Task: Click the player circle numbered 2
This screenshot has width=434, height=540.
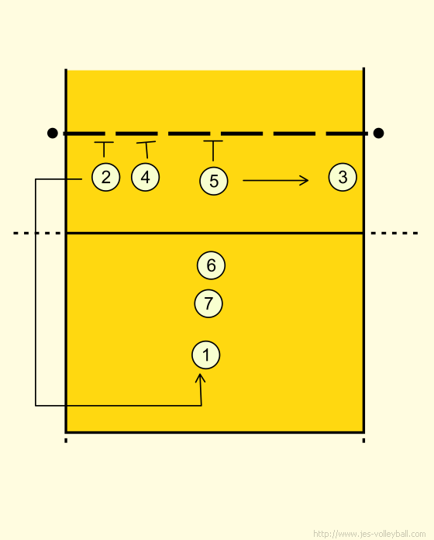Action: [x=106, y=177]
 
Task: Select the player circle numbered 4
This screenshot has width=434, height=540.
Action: [x=145, y=177]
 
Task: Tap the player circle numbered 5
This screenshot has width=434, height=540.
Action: [x=214, y=181]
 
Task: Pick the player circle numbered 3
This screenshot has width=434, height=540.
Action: [x=343, y=177]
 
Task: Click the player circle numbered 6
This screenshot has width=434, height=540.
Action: [x=211, y=265]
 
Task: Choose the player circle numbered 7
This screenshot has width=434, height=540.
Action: [x=208, y=303]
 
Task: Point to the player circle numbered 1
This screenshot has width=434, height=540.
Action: [x=205, y=355]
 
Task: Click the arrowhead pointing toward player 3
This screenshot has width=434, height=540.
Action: [x=305, y=180]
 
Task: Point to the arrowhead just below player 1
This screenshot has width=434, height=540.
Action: [x=200, y=377]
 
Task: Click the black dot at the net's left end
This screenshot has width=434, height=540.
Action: [x=53, y=133]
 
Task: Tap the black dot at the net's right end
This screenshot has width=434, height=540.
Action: [x=378, y=133]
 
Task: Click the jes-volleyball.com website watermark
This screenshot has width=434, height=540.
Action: [x=370, y=534]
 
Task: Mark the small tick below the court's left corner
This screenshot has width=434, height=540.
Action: [x=66, y=440]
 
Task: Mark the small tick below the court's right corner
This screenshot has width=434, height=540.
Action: [x=363, y=440]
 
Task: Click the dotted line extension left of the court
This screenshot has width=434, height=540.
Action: [x=36, y=234]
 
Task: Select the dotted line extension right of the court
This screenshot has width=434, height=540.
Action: [x=394, y=234]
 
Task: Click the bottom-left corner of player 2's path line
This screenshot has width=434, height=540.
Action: [x=36, y=406]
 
